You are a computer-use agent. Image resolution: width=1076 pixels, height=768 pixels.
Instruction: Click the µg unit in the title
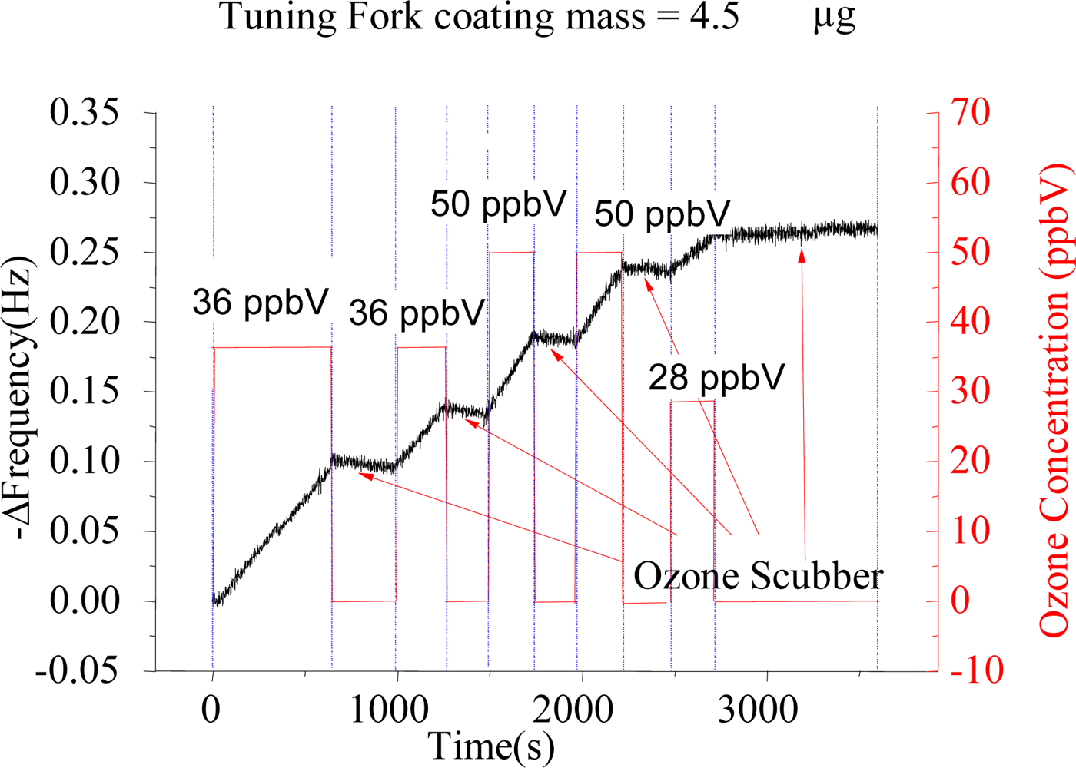pyautogui.click(x=834, y=17)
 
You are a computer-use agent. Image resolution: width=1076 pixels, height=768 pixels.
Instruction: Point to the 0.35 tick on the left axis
pyautogui.click(x=85, y=113)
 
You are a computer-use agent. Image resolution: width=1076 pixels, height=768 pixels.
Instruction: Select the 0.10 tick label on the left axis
pyautogui.click(x=85, y=462)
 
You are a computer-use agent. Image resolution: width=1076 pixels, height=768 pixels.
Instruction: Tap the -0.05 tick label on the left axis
pyautogui.click(x=77, y=671)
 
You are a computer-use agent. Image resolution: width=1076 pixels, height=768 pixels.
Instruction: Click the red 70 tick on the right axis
pyautogui.click(x=971, y=113)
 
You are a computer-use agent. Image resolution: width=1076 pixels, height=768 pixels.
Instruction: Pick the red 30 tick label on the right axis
pyautogui.click(x=971, y=392)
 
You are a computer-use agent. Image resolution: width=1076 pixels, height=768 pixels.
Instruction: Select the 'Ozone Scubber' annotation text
pyautogui.click(x=758, y=576)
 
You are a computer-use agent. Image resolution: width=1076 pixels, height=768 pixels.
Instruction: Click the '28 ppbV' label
pyautogui.click(x=716, y=377)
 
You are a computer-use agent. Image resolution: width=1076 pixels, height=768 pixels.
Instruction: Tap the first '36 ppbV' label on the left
pyautogui.click(x=261, y=303)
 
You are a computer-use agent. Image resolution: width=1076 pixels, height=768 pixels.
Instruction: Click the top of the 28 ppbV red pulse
pyautogui.click(x=692, y=401)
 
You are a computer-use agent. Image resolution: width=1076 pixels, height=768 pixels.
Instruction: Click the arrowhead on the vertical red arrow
pyautogui.click(x=802, y=255)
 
